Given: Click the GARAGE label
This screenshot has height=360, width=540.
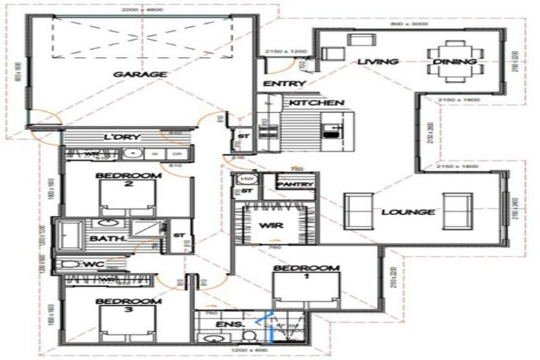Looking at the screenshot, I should (x=141, y=74).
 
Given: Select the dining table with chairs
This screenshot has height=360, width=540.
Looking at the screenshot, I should (x=455, y=62).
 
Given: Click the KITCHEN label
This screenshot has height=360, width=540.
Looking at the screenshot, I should (x=313, y=103).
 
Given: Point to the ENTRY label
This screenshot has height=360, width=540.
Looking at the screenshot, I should (x=284, y=84).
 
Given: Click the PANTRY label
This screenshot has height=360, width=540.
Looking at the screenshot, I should (x=294, y=184).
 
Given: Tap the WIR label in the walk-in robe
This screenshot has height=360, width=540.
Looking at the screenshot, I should (x=271, y=226).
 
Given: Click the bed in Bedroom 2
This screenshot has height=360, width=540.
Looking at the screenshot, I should (x=127, y=199).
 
